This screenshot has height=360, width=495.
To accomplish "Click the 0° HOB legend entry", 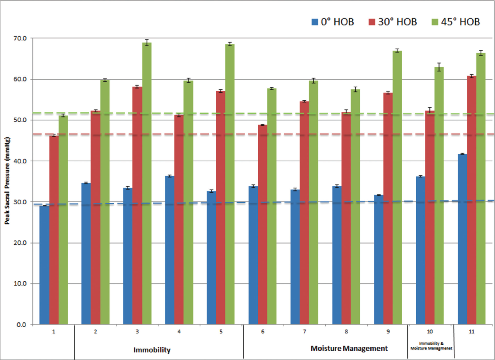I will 332,21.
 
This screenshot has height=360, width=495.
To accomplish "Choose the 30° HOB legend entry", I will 392,21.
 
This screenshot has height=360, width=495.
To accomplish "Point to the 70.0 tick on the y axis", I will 21,39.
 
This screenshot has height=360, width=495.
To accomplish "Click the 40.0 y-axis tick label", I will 21,161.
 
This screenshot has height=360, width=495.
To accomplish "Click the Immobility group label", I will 152,350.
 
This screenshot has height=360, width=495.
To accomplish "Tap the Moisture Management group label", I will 349,349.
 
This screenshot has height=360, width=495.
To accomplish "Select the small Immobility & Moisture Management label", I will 431,346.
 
